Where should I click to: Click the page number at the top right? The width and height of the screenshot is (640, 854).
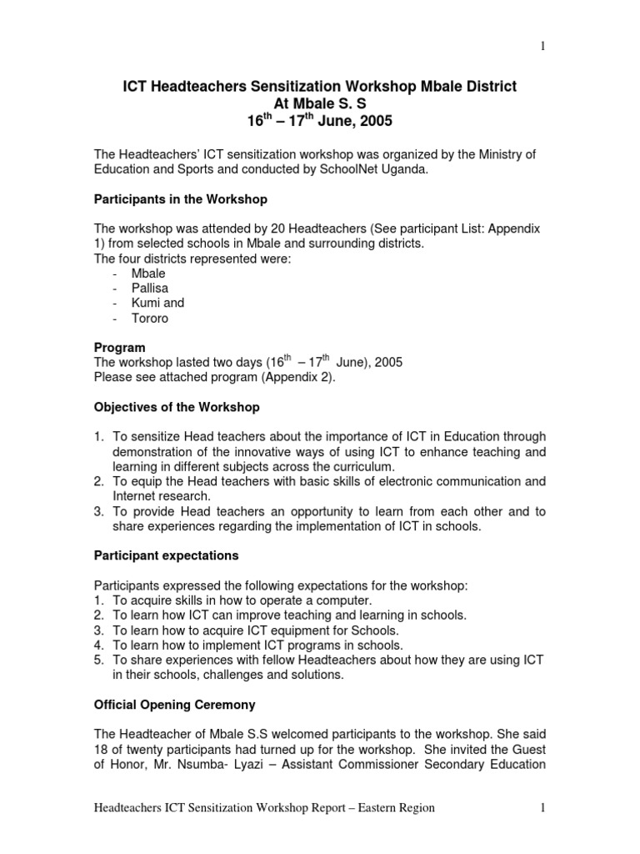(542, 47)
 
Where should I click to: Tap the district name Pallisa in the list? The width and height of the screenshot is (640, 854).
(150, 288)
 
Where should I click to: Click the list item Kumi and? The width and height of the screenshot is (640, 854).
(157, 303)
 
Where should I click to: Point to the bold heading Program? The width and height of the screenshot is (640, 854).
(120, 347)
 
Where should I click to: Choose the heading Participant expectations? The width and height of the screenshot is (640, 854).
(167, 555)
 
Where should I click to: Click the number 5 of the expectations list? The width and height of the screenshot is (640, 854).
(97, 660)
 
